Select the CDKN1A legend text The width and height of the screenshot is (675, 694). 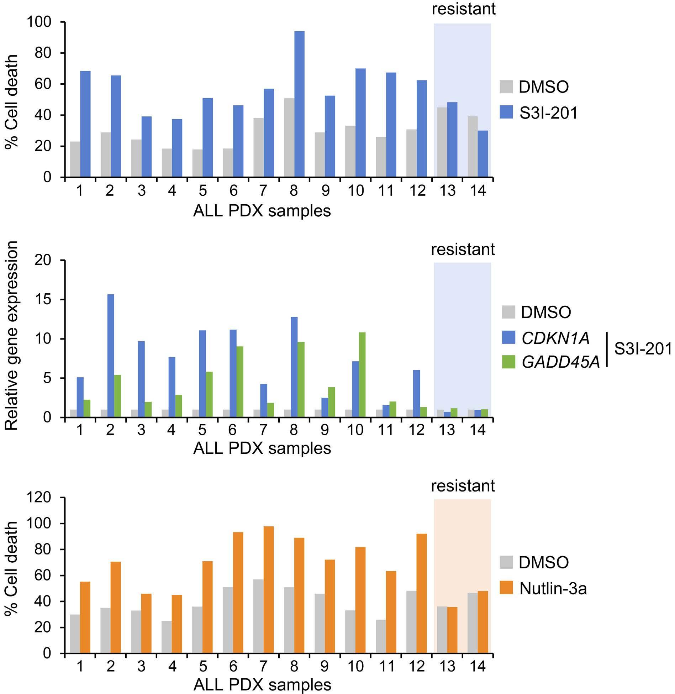tap(555, 338)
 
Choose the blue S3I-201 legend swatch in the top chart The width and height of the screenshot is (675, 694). tap(506, 113)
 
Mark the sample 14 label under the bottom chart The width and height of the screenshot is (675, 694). tap(478, 666)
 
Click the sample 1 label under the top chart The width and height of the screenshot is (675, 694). tap(80, 191)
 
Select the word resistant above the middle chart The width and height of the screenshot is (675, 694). tap(463, 249)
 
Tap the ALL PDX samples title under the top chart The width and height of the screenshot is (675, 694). tap(262, 211)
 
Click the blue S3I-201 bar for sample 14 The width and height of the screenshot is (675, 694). tap(483, 154)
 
